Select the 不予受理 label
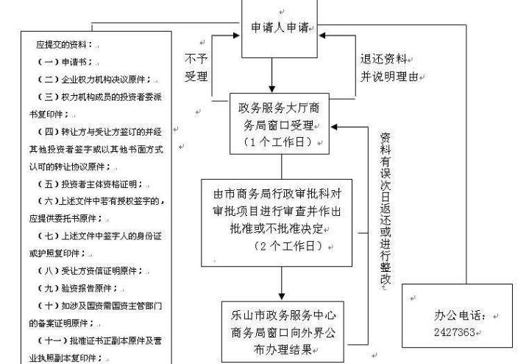(x=197, y=66)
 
